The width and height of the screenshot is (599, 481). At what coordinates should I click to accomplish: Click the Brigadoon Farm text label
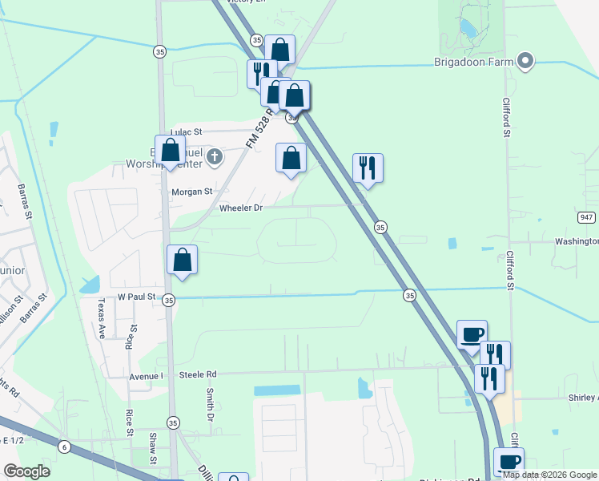[472, 61]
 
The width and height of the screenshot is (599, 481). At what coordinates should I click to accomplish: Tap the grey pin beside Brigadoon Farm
[525, 61]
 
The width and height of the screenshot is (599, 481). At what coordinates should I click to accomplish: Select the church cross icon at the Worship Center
[214, 157]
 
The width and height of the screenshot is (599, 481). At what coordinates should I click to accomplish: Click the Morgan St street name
[191, 192]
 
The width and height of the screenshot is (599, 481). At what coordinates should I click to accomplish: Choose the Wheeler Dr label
[240, 208]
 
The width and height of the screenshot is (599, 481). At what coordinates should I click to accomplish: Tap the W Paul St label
[135, 297]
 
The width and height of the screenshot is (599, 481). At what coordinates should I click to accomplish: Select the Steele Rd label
[198, 374]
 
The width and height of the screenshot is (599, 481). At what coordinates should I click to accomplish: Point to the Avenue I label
[146, 375]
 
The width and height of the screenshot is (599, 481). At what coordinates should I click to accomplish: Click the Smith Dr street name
[210, 406]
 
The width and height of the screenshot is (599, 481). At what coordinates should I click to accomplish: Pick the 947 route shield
[586, 217]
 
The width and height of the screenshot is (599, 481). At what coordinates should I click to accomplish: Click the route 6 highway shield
[64, 447]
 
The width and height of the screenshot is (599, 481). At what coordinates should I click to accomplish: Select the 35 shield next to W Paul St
[168, 300]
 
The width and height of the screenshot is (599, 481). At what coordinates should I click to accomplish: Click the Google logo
[27, 471]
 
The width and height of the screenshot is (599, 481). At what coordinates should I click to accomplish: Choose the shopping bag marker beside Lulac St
[170, 150]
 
